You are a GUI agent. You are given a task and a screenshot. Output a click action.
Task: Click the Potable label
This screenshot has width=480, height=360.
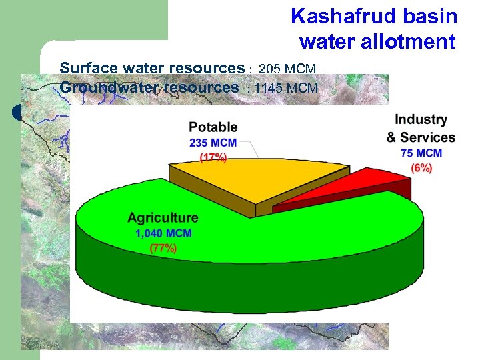213,127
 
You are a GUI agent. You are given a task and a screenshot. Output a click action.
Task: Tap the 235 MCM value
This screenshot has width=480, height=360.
213,142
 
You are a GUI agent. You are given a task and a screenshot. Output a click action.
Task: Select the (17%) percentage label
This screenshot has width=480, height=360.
213,157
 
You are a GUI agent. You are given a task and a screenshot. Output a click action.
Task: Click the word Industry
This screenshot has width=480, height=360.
421,120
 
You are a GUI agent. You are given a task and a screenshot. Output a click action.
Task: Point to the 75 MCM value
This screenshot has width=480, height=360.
421,153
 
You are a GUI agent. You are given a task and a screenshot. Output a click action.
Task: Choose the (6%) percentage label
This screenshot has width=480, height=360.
421,168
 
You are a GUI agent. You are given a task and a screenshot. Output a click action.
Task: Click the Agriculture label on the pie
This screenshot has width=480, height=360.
163,218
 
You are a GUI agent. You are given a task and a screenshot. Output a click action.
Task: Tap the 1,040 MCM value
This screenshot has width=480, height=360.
163,233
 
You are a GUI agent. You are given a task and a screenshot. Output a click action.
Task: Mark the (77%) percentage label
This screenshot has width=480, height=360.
163,248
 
